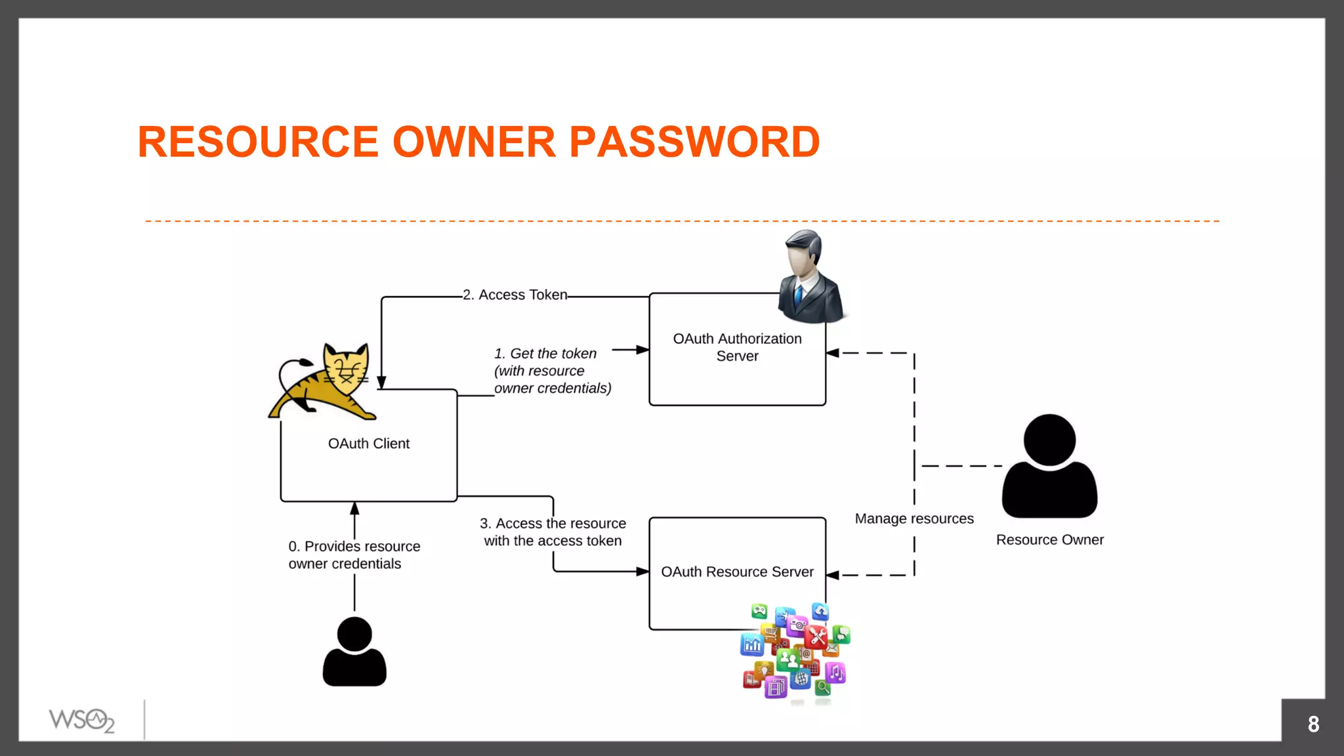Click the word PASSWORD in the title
694,142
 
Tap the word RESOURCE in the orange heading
258,142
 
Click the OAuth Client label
368,444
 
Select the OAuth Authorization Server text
737,347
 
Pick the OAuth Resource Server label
737,572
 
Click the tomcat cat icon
325,383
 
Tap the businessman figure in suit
810,278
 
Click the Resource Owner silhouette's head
1049,439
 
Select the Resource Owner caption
1049,539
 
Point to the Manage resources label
913,518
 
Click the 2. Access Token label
515,295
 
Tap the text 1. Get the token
545,354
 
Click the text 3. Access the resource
553,524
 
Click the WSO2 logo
81,720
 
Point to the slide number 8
1312,724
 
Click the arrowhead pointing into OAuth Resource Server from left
643,572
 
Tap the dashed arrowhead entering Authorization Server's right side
832,353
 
